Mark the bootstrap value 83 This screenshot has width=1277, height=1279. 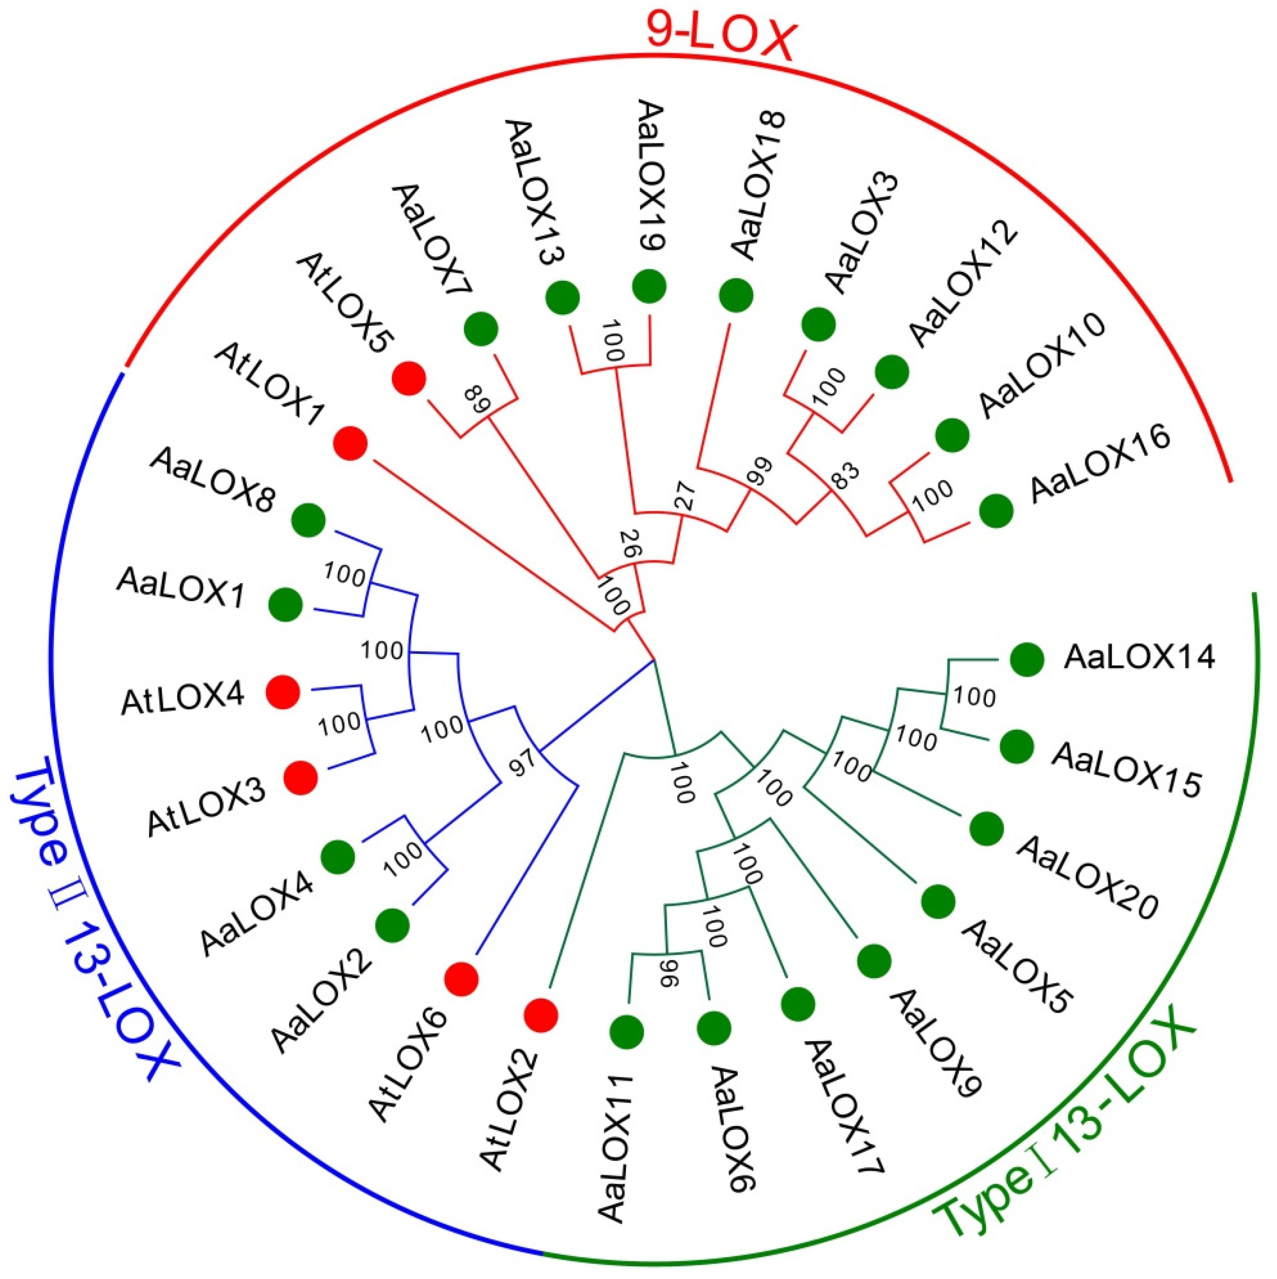[845, 475]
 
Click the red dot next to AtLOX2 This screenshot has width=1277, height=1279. [541, 1015]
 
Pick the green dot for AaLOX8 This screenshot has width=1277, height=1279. [309, 520]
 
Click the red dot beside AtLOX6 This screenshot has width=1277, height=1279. [461, 979]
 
